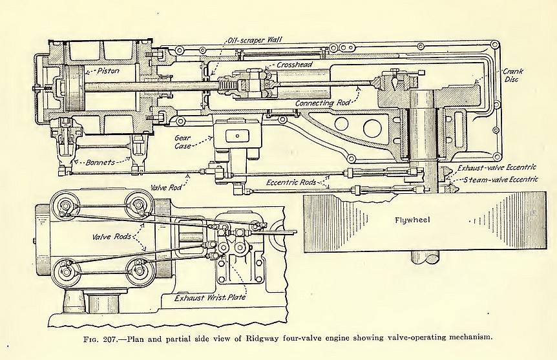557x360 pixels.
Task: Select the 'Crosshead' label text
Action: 295,66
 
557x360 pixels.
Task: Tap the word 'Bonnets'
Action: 101,162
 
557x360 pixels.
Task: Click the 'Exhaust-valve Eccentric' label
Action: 498,168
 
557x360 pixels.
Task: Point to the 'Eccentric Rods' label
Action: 292,182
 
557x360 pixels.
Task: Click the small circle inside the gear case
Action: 238,136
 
